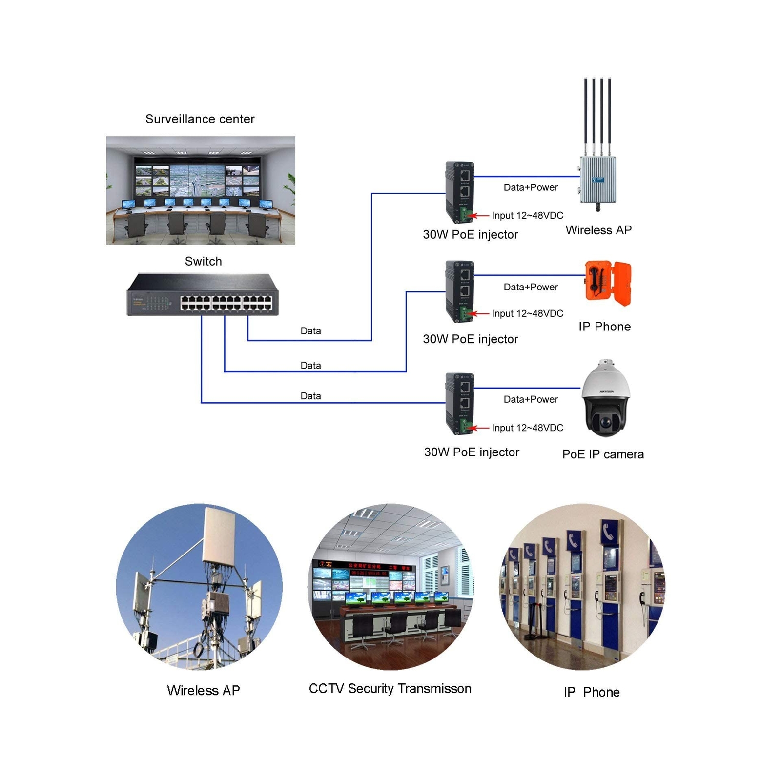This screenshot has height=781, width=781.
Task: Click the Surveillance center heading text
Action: (200, 119)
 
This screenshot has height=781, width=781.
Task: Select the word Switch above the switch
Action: (203, 262)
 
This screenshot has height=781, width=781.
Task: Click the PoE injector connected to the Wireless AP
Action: (459, 192)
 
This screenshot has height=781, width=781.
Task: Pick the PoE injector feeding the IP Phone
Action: (459, 291)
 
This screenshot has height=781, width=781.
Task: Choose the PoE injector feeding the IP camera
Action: (459, 403)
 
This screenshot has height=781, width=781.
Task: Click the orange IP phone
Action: (608, 283)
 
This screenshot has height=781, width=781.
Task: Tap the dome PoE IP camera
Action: (606, 398)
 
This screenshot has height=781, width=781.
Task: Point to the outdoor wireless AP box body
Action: (598, 180)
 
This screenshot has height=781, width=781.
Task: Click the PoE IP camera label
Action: (603, 454)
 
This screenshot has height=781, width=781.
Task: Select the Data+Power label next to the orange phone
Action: (531, 287)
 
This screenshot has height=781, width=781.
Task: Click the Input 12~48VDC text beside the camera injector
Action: (527, 428)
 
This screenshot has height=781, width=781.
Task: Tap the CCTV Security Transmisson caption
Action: (390, 689)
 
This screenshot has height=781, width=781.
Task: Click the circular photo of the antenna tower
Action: (199, 587)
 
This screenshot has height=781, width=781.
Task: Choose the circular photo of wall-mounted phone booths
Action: (582, 587)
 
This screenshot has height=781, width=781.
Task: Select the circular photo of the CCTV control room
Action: (390, 587)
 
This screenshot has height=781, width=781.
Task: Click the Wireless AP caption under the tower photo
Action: (203, 691)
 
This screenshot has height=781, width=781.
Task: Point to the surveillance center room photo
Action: (201, 190)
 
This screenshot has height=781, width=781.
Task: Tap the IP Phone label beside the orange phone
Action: (604, 327)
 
